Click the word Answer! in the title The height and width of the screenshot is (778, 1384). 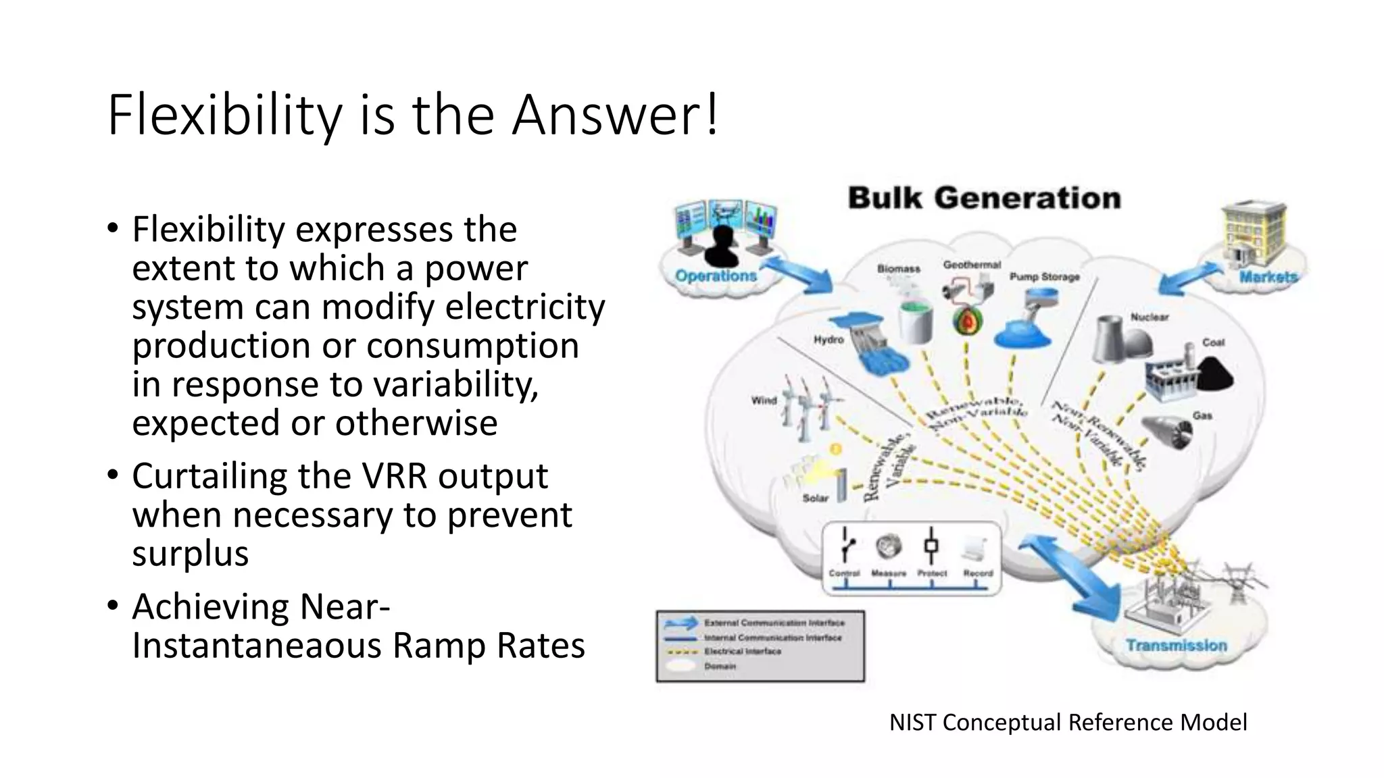pyautogui.click(x=615, y=115)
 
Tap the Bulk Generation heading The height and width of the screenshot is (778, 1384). pyautogui.click(x=984, y=198)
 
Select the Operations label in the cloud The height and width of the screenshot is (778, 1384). pyautogui.click(x=716, y=276)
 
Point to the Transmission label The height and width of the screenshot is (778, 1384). pyautogui.click(x=1176, y=645)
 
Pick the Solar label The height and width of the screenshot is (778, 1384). pyautogui.click(x=815, y=498)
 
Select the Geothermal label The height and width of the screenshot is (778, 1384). pyautogui.click(x=972, y=265)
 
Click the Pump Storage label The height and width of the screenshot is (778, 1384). pyautogui.click(x=1044, y=277)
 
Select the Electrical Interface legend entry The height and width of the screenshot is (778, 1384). pyautogui.click(x=742, y=652)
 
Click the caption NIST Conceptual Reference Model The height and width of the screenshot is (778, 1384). pyautogui.click(x=1068, y=722)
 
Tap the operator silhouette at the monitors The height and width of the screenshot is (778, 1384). pyautogui.click(x=722, y=247)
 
